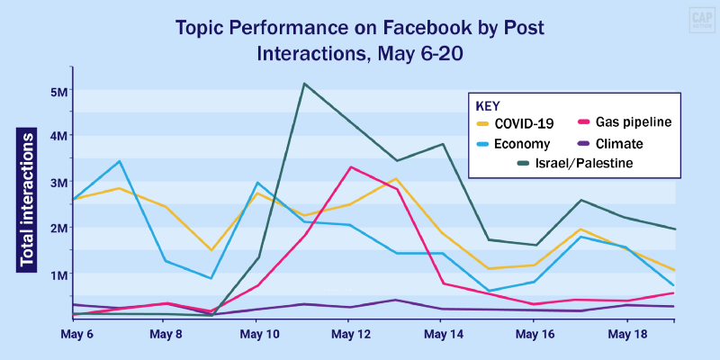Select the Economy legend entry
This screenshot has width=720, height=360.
click(x=518, y=143)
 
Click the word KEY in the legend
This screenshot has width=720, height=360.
click(x=489, y=104)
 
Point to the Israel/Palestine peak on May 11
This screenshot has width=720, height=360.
click(x=304, y=84)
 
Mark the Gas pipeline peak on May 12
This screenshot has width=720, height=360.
click(x=350, y=166)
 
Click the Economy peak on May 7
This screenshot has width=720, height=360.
click(x=119, y=161)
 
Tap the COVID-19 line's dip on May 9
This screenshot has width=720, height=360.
click(x=211, y=250)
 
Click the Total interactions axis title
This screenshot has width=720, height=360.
click(x=28, y=199)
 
